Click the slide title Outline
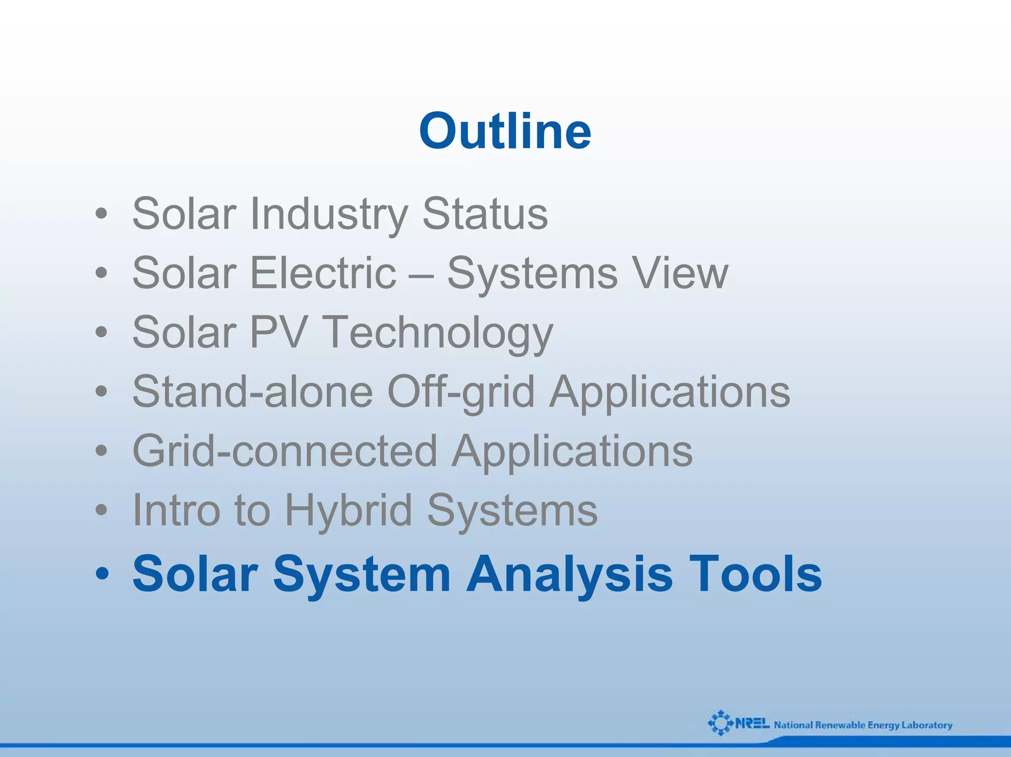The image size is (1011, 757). tap(505, 131)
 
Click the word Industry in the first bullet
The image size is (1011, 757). tap(329, 214)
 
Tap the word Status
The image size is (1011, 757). tap(485, 214)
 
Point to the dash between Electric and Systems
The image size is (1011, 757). tap(421, 274)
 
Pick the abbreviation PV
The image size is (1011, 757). tap(279, 332)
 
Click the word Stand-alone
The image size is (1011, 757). tap(253, 391)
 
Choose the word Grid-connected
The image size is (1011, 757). tap(285, 452)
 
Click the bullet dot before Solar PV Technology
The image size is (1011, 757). tap(101, 333)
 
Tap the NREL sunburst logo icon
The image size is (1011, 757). tap(720, 723)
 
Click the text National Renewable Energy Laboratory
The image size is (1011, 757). tap(863, 725)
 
